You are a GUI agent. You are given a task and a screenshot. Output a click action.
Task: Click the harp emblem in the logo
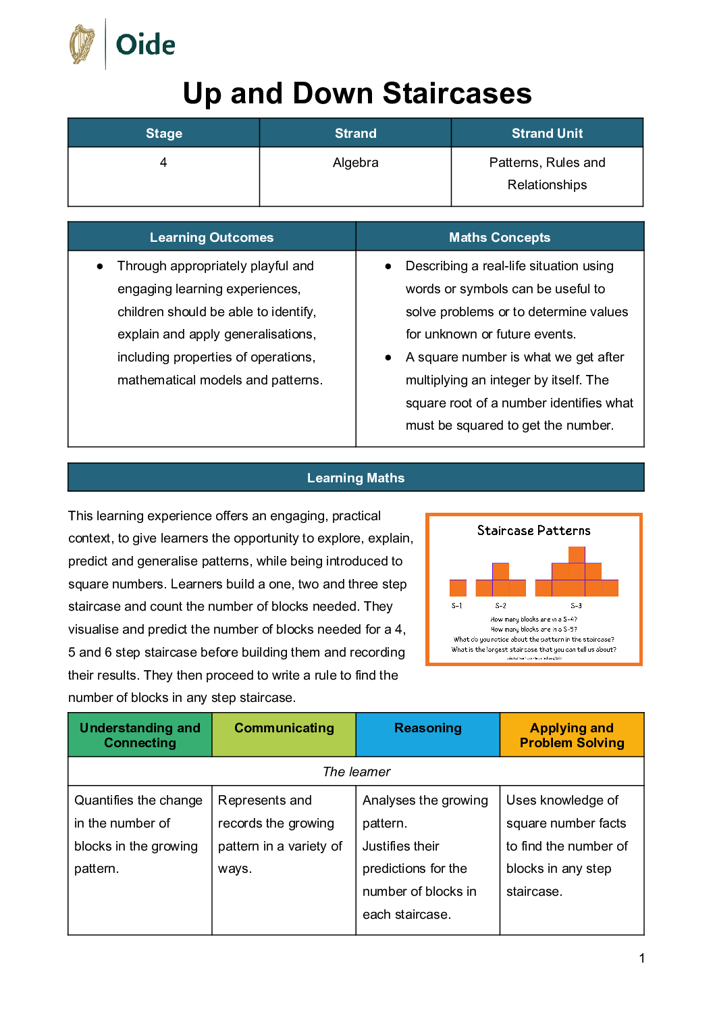coord(82,45)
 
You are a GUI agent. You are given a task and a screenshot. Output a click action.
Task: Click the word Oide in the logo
coord(145,45)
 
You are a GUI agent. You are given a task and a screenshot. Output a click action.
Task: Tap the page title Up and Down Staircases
coord(357,93)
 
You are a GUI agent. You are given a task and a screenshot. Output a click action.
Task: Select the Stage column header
coord(164,133)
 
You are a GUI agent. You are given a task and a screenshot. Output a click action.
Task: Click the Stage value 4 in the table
coord(163,163)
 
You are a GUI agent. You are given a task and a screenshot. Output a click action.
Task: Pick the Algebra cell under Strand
coord(355,163)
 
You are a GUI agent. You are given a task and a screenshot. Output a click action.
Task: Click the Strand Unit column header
coord(547,133)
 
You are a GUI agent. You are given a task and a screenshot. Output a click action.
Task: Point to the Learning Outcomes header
coord(211,237)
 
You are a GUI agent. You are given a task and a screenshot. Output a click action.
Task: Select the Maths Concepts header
coord(500,237)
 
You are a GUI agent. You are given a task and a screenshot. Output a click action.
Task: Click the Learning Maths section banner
coord(356,478)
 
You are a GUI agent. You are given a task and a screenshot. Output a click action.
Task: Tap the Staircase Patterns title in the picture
coord(533,530)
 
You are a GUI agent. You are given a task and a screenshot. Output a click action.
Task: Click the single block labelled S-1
coord(458,588)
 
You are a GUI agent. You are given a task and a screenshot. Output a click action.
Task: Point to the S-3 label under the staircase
coord(576,606)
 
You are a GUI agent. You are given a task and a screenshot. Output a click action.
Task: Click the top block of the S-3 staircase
coord(577,555)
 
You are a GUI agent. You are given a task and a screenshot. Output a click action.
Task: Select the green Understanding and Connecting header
coord(140,735)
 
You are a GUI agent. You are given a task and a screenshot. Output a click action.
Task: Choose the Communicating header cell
coord(284,728)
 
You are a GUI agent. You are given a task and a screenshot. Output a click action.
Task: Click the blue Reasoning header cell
coord(427,728)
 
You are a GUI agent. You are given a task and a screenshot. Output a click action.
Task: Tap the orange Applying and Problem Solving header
coord(571,735)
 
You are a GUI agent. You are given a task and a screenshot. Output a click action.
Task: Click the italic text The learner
coord(356,771)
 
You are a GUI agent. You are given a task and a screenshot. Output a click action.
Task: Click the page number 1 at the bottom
coord(641,958)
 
